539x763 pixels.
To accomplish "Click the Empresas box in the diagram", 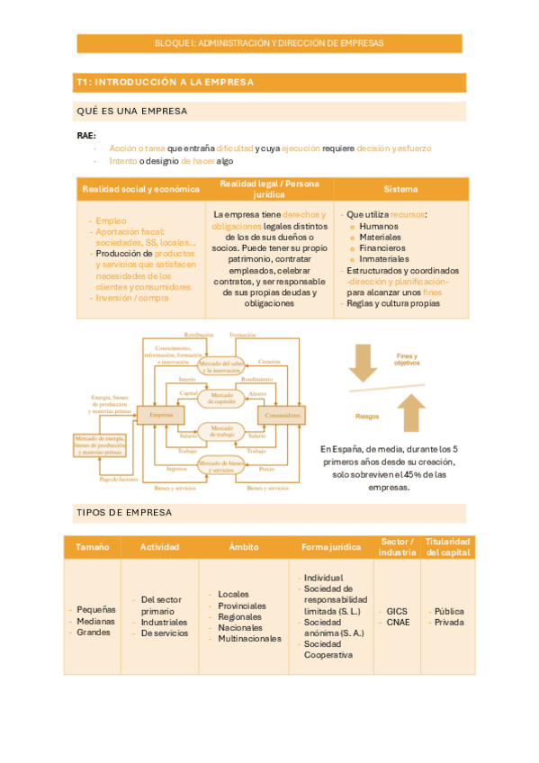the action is point(161,416).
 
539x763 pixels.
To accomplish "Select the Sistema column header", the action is point(400,189).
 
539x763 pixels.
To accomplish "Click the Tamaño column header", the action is point(93,546).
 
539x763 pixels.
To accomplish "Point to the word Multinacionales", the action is point(249,639).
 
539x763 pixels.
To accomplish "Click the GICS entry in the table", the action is point(396,611).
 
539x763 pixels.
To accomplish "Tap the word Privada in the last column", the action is point(449,622).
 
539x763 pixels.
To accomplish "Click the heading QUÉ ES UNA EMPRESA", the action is point(132,111).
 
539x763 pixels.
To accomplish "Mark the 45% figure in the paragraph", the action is point(410,474).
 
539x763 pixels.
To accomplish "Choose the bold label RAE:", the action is point(86,135).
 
